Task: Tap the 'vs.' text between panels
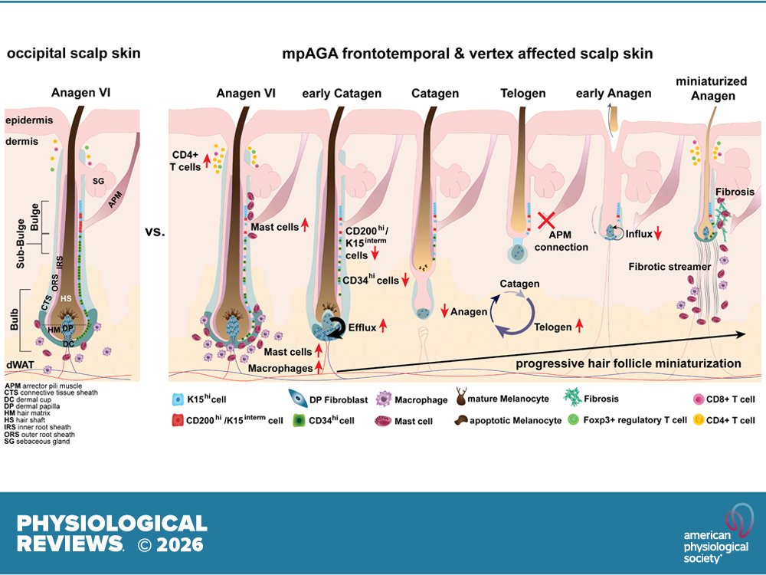click(155, 230)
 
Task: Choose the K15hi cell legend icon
click(178, 399)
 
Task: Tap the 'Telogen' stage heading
click(523, 94)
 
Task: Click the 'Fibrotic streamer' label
click(665, 267)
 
